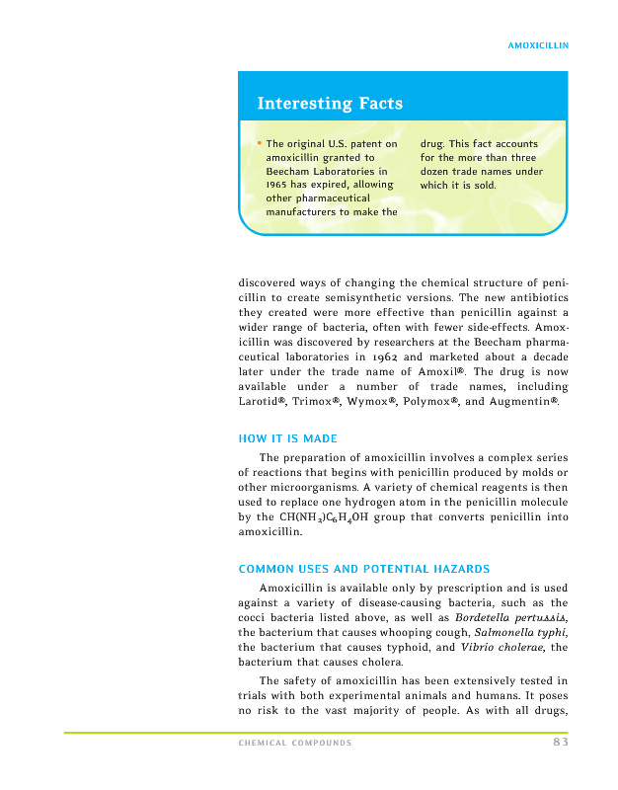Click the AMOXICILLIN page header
537,45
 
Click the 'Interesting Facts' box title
329,104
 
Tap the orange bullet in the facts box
259,144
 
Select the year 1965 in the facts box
280,184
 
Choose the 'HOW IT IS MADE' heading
288,438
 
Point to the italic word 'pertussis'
535,617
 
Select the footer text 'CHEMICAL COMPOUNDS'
295,744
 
